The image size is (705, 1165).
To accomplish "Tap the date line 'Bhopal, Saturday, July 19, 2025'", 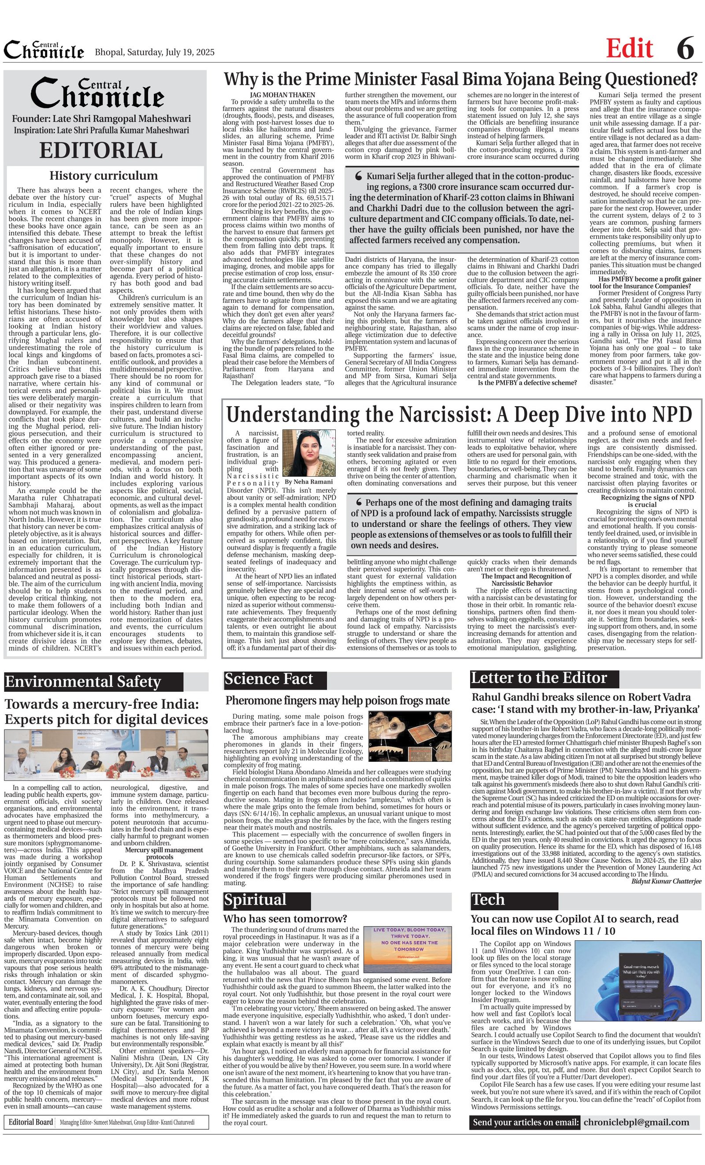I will click(155, 52).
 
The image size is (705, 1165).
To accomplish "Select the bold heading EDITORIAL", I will click(101, 150).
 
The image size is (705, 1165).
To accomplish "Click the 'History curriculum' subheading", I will click(104, 176).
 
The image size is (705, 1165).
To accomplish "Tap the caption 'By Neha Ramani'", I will click(308, 482).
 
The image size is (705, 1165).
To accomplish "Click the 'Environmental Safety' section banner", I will click(83, 682).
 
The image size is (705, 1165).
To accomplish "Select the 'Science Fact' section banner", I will click(269, 679).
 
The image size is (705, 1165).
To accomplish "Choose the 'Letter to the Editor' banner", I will click(538, 678).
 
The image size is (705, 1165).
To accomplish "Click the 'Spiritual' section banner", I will click(255, 899).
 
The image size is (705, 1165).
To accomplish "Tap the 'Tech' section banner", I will click(488, 899).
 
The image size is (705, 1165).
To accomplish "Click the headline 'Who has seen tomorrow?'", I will click(285, 919).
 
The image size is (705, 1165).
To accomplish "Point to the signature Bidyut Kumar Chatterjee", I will click(666, 881).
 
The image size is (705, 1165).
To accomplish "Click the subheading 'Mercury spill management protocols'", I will click(160, 853).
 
